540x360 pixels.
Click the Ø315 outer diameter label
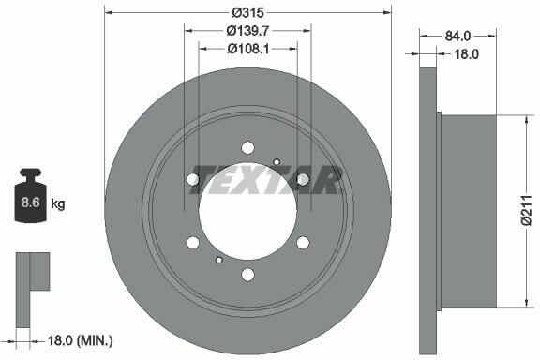pos(247,13)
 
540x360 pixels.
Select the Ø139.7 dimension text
pos(247,31)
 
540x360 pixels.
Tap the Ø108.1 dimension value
pos(247,50)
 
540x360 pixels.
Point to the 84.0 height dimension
pos(457,36)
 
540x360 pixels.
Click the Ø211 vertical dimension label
pos(527,210)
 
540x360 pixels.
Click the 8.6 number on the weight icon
pos(30,202)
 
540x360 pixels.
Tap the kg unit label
pos(58,204)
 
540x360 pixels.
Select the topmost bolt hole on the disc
pos(247,148)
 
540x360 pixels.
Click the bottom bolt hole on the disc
pos(247,275)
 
